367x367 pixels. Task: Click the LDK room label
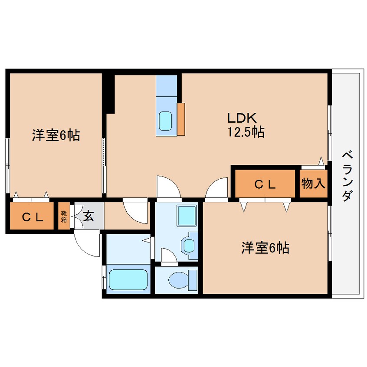click(242, 118)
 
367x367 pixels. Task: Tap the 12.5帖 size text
click(246, 132)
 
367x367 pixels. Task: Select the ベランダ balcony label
click(347, 176)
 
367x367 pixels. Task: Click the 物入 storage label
click(313, 183)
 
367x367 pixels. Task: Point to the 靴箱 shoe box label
click(64, 216)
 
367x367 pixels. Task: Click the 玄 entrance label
click(88, 216)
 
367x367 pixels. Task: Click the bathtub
click(128, 280)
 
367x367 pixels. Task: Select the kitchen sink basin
click(165, 121)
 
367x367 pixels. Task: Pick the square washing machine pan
click(187, 216)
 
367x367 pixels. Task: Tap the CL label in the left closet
click(33, 217)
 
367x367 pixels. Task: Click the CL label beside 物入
click(265, 185)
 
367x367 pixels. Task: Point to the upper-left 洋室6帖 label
click(56, 135)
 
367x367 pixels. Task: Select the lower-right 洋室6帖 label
click(265, 248)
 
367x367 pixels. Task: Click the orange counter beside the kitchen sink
click(181, 119)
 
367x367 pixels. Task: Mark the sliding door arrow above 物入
click(321, 161)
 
